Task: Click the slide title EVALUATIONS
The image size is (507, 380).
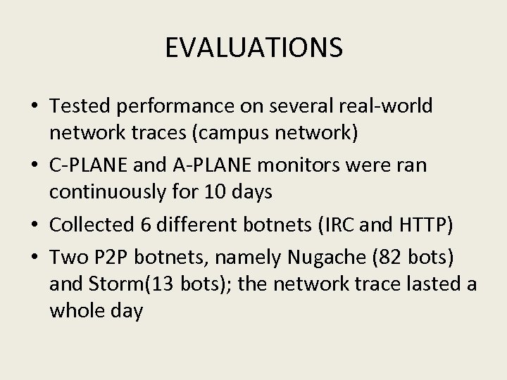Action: coord(254,48)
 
